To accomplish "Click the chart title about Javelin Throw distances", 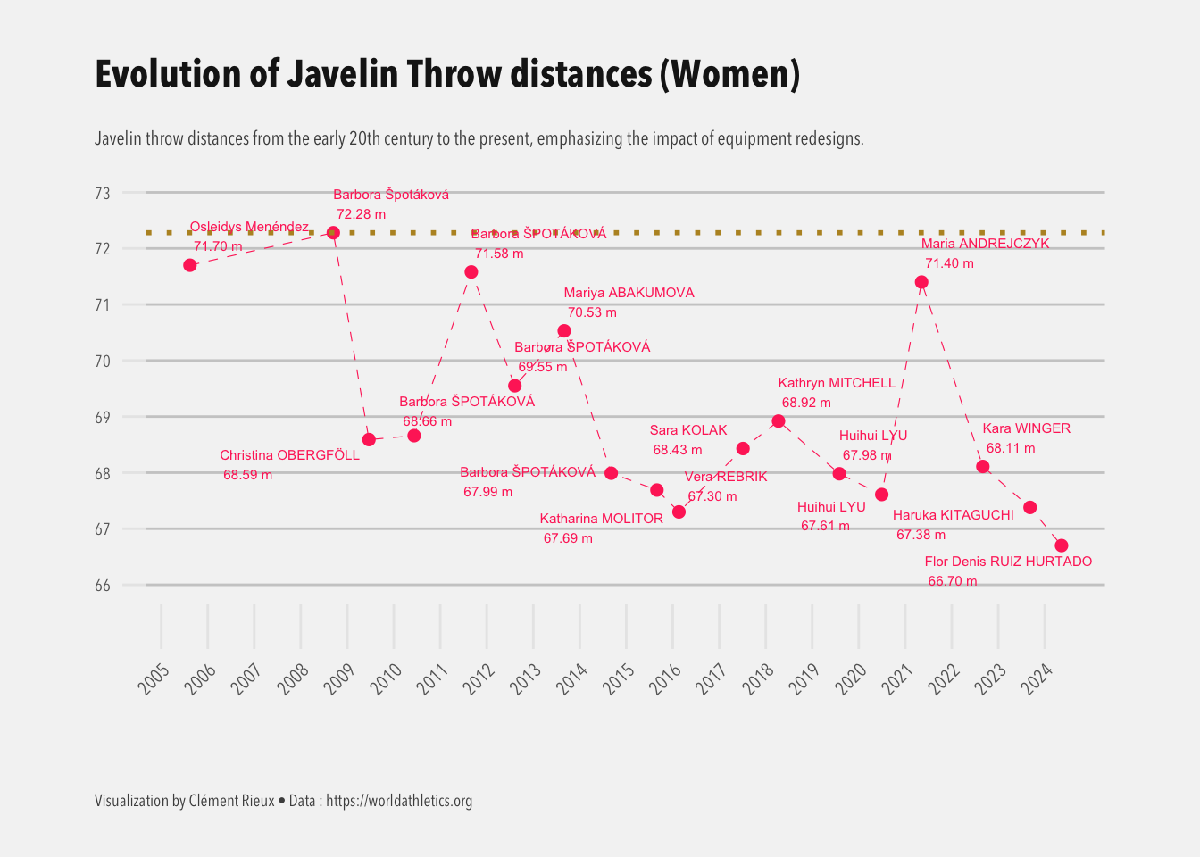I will tap(446, 74).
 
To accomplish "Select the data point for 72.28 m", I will tap(333, 233).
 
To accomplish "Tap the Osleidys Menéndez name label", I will tap(249, 227).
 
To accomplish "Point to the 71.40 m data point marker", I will tap(921, 282).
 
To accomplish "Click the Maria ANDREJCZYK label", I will tap(985, 244).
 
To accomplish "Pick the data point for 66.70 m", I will tap(1062, 545).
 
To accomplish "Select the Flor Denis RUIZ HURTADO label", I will tap(1008, 562).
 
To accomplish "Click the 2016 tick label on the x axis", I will tap(665, 679).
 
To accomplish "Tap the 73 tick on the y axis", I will tap(103, 193).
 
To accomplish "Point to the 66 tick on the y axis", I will tap(103, 586).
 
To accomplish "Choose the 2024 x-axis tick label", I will tap(1037, 679).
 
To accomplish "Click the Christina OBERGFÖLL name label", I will tap(289, 455).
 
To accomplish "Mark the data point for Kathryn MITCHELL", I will tap(779, 421).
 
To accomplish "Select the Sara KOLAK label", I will tap(688, 430).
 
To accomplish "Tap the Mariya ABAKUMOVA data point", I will tap(564, 331).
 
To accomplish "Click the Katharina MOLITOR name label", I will tap(601, 519).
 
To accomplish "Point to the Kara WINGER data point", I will tap(983, 467).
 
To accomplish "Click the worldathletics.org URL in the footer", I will tap(399, 801).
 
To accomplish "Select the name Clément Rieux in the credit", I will tap(231, 801).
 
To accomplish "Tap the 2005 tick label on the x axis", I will tap(154, 679).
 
